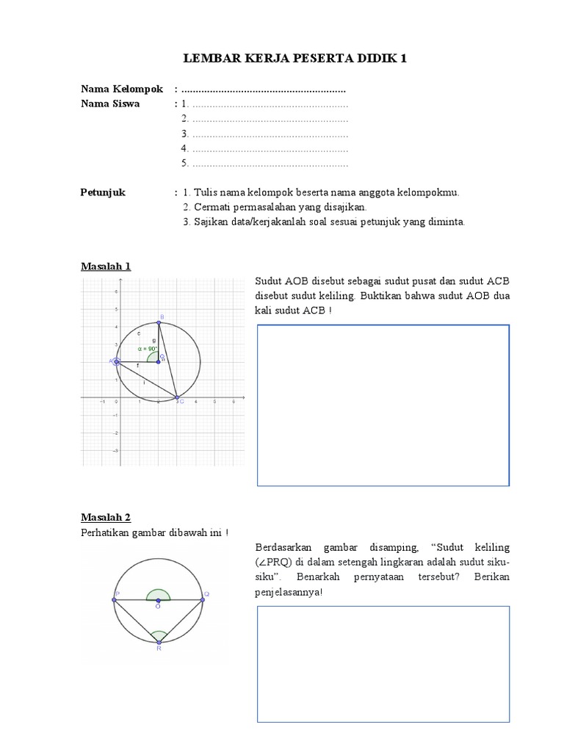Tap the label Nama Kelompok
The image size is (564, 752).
[122, 89]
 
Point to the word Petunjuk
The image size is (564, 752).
[103, 192]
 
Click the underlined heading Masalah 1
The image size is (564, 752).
[106, 266]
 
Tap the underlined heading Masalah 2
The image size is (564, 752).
[106, 517]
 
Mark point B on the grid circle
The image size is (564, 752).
[159, 322]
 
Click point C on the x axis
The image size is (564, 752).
[177, 398]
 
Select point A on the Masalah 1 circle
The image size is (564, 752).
[117, 361]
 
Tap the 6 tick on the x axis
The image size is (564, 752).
[234, 402]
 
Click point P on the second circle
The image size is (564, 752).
[114, 600]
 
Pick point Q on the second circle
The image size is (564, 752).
[203, 600]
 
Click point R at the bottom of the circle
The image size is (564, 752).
[159, 643]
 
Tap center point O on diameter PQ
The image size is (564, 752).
[158, 600]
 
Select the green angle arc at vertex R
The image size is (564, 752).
[159, 634]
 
